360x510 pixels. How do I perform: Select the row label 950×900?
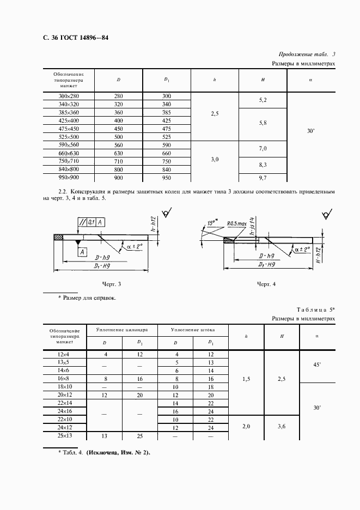pos(69,178)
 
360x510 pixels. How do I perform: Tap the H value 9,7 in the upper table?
pos(263,178)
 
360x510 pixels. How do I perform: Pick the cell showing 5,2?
pos(263,100)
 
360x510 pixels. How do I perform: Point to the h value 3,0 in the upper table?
pos(215,160)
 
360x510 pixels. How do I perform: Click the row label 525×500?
pos(69,137)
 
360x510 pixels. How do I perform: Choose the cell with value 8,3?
pos(263,164)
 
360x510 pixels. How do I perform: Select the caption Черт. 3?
pos(112,284)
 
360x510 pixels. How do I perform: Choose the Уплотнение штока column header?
pos(193,330)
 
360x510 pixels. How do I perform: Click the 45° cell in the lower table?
pos(317,366)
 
